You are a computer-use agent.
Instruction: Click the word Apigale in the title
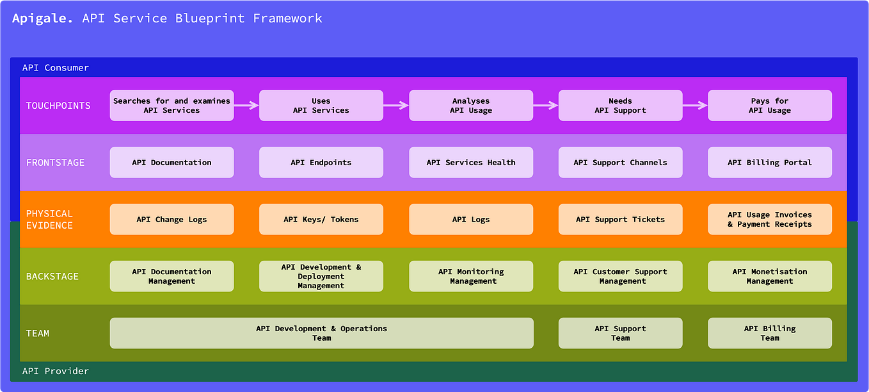[42, 19]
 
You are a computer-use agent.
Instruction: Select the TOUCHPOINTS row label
[58, 106]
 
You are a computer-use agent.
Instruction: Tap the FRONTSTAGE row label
[55, 163]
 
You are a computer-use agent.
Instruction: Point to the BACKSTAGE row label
[52, 277]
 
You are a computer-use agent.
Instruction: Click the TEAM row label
[38, 333]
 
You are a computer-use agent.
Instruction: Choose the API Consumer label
[56, 68]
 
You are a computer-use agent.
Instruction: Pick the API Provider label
[56, 372]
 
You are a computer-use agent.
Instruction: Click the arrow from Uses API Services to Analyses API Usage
[396, 106]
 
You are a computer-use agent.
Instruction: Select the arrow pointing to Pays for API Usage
[695, 106]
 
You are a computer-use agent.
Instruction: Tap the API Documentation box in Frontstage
[171, 163]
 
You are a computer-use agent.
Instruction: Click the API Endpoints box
[321, 163]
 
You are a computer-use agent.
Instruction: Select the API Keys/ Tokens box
[321, 220]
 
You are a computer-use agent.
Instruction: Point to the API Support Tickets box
[620, 220]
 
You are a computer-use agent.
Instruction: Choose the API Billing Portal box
[770, 163]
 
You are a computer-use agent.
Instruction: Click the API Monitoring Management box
[471, 277]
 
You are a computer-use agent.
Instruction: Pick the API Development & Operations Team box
[321, 333]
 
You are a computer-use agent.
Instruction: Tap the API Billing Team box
[770, 333]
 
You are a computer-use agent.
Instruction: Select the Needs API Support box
[620, 106]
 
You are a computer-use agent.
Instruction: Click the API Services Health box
[471, 163]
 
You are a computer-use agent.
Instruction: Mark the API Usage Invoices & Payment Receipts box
[770, 220]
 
